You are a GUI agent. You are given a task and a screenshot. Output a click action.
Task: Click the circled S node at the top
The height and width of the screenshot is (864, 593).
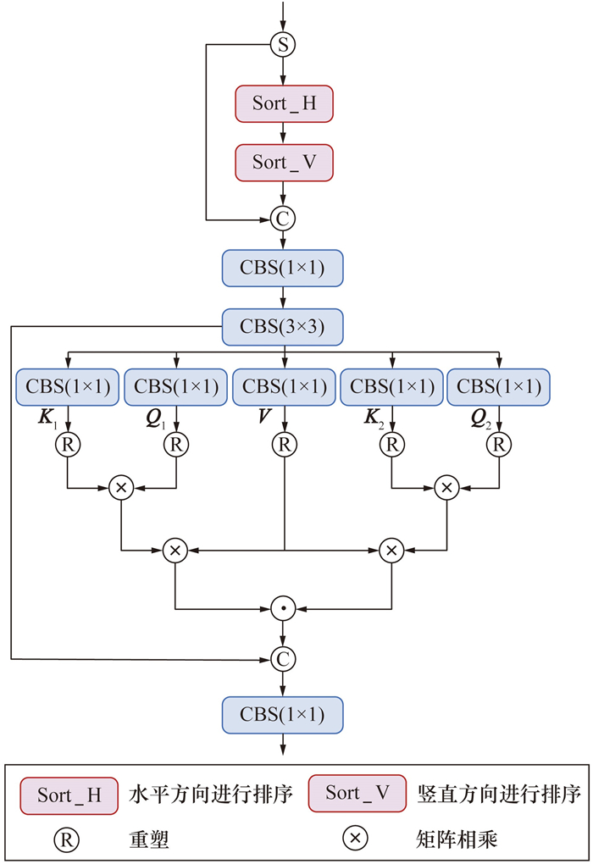[283, 45]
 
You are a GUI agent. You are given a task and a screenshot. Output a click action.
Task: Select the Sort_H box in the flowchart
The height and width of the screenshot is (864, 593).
[284, 103]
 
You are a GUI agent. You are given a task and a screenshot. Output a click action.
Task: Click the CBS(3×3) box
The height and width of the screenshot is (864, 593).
[284, 327]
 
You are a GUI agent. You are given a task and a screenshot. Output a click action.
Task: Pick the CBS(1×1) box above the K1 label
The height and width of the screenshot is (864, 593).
[68, 387]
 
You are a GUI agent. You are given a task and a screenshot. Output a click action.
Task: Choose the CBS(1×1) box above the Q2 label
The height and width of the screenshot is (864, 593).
[499, 387]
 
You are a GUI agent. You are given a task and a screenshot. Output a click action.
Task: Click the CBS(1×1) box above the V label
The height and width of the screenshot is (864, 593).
[284, 387]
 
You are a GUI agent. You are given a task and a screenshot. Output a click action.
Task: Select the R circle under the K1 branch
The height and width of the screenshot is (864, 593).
[68, 443]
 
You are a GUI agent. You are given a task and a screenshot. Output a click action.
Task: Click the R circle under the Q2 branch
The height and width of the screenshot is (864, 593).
[500, 443]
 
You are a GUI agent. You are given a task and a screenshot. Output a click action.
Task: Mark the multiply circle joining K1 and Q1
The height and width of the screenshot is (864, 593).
[121, 487]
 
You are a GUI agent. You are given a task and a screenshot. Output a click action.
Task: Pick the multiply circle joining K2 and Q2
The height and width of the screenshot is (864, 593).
[446, 487]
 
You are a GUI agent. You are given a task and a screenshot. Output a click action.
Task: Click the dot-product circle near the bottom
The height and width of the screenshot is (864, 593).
[283, 608]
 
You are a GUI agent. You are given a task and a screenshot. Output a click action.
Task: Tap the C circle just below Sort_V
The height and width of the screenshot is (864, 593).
[283, 219]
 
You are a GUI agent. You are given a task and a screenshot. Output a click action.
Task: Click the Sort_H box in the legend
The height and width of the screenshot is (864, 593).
[69, 795]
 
